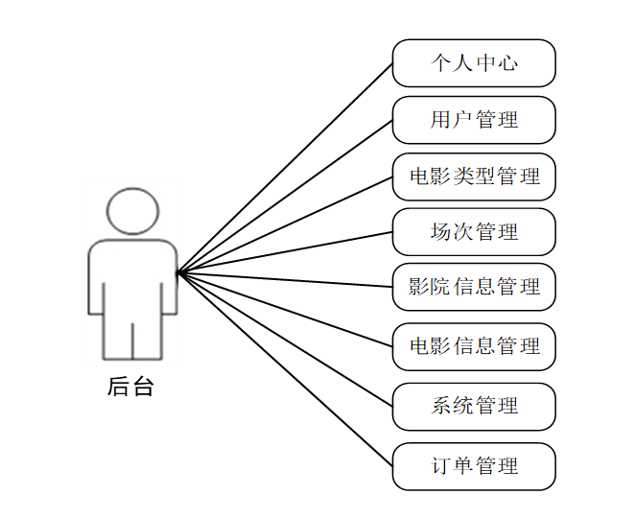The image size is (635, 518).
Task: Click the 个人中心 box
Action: click(x=474, y=63)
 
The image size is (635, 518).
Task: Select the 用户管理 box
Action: click(x=474, y=120)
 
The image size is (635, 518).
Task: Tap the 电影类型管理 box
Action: click(x=474, y=177)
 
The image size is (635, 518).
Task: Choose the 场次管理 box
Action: click(x=474, y=232)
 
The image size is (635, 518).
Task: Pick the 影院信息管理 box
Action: click(x=474, y=287)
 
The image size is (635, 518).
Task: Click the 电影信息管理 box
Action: click(x=474, y=346)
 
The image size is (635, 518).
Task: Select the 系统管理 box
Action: click(x=474, y=406)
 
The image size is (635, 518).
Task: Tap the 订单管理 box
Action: click(x=474, y=466)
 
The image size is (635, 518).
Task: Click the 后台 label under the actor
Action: click(x=131, y=388)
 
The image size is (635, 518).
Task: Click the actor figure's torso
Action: click(x=132, y=278)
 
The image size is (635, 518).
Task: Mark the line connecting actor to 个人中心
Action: click(x=286, y=168)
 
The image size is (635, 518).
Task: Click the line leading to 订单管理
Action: click(x=286, y=369)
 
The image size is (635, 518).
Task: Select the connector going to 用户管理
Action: click(x=286, y=197)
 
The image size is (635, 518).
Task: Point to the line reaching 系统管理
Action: click(x=286, y=340)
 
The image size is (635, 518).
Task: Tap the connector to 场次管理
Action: click(x=286, y=252)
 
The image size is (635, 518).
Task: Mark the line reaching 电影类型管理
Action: click(x=286, y=224)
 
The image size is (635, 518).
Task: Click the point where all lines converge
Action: click(x=178, y=272)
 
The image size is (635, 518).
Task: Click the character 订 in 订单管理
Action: click(x=440, y=466)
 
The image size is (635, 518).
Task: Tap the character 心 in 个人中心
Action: click(x=508, y=63)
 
